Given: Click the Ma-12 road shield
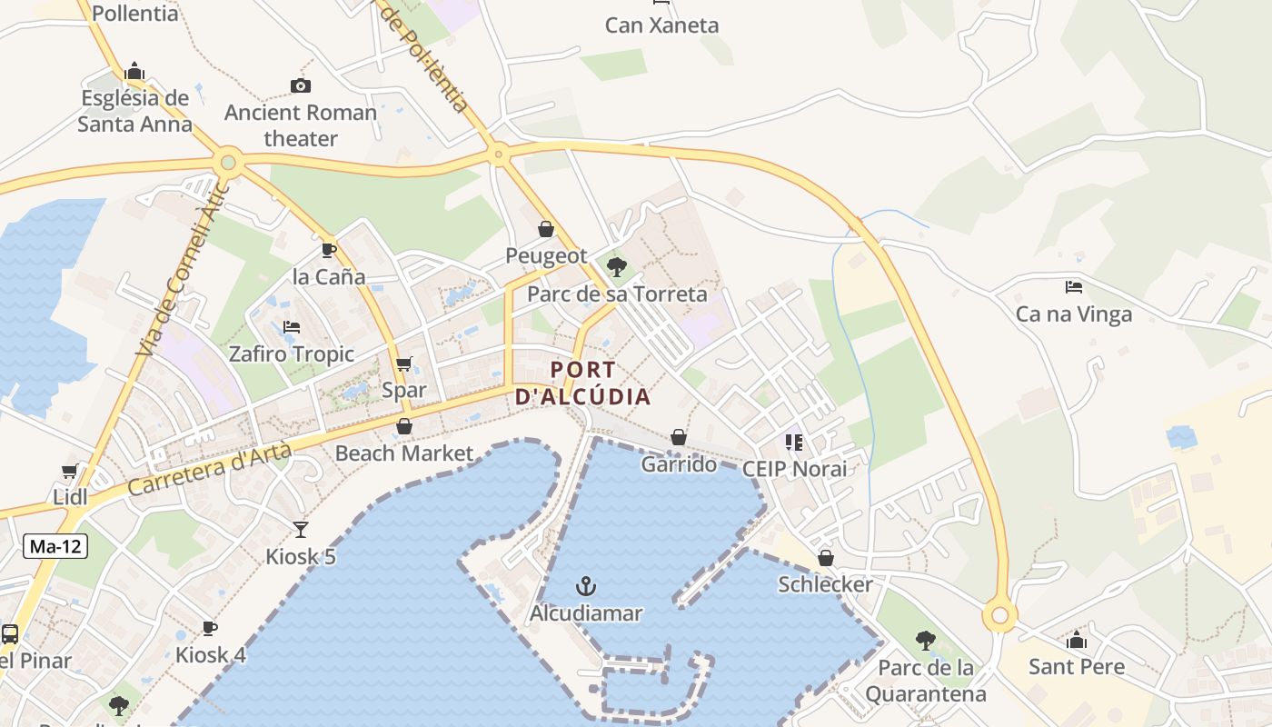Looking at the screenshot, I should (x=55, y=546).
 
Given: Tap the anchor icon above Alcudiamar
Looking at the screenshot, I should (x=586, y=586).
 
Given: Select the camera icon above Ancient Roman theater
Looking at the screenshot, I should (x=301, y=85).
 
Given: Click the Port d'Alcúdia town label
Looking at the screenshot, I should (x=582, y=383).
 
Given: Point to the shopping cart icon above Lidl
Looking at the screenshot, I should (x=70, y=471).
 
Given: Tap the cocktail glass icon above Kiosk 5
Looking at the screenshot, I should (x=301, y=529).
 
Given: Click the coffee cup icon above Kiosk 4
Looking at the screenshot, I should (x=210, y=628).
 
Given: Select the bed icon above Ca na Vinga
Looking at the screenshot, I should (x=1074, y=287).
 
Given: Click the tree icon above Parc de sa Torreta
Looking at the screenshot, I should (x=617, y=266).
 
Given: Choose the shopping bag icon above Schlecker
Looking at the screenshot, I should (x=826, y=557).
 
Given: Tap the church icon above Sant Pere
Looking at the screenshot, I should (x=1077, y=640).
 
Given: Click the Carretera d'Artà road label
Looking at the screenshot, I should (x=210, y=468).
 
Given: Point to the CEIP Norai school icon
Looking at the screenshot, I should (x=794, y=442).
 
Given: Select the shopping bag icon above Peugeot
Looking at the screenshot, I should (x=546, y=228).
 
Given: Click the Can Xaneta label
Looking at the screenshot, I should (x=661, y=25).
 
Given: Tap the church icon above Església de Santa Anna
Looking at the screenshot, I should (x=134, y=71).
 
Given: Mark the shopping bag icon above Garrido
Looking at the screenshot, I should (x=679, y=437).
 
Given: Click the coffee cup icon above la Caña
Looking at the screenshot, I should (x=329, y=250).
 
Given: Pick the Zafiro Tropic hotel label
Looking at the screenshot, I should (x=292, y=354).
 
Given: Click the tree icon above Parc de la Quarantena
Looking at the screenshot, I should (x=925, y=641).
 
